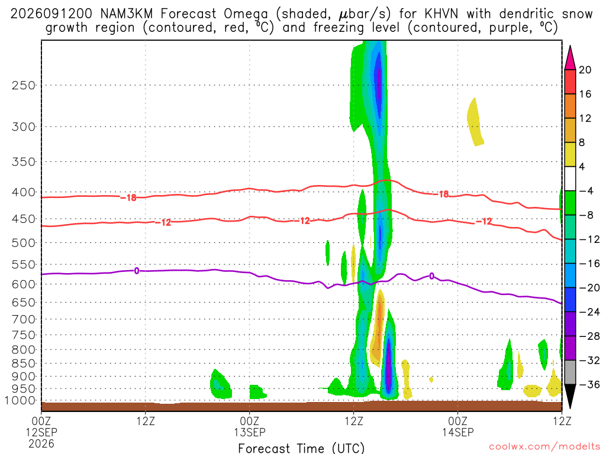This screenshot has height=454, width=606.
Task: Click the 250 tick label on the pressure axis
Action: click(x=23, y=85)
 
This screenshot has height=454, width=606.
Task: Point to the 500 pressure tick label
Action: click(x=23, y=243)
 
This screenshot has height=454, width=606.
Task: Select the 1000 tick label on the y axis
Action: click(x=20, y=401)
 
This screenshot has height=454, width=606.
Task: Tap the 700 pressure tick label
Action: click(x=23, y=319)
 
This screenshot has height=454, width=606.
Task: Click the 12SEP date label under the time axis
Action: click(x=41, y=432)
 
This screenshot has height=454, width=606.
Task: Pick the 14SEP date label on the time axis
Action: click(x=458, y=432)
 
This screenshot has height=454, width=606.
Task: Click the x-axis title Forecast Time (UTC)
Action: click(x=301, y=448)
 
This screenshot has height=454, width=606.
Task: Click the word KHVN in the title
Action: click(x=441, y=14)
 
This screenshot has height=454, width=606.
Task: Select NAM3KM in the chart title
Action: click(x=127, y=14)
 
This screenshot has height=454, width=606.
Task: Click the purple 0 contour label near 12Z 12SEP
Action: click(x=137, y=271)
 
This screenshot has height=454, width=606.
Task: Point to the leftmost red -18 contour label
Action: click(x=128, y=197)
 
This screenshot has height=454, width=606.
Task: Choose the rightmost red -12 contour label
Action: click(x=484, y=221)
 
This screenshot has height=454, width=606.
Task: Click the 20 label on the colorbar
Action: click(x=585, y=70)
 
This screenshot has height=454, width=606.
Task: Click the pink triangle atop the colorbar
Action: click(x=570, y=57)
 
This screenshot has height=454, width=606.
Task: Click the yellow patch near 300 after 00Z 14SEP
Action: click(x=475, y=122)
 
